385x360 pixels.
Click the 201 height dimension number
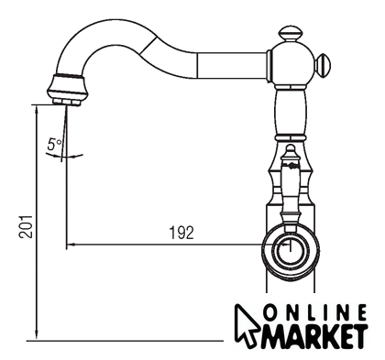click(26, 226)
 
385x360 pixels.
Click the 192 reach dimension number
click(181, 233)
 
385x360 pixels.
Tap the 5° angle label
click(54, 144)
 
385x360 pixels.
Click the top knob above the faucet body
click(291, 33)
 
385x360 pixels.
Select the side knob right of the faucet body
click(323, 64)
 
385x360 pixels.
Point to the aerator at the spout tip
click(67, 90)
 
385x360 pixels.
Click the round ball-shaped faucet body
click(291, 64)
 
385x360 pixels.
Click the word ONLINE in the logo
click(315, 312)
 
